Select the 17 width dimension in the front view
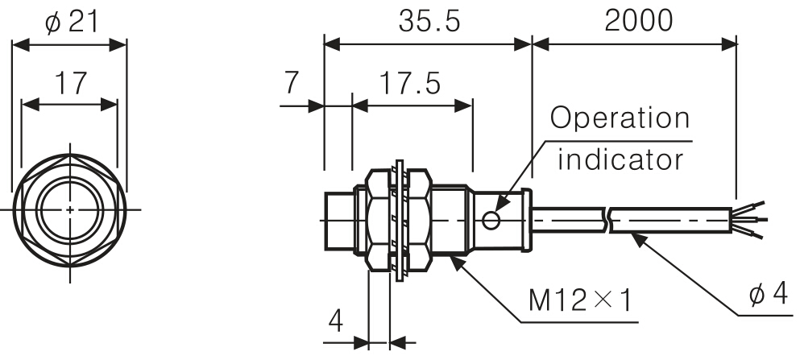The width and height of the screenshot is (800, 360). click(69, 84)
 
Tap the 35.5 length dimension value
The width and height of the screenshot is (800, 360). click(429, 22)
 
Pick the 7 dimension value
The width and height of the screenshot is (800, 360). click(292, 84)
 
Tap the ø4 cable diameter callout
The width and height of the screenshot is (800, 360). click(767, 295)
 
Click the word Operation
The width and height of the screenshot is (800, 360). click(620, 118)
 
